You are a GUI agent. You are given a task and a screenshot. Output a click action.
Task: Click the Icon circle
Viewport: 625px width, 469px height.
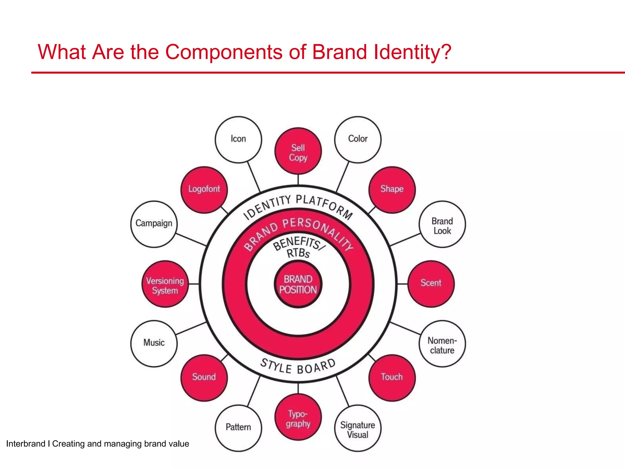pyautogui.click(x=238, y=140)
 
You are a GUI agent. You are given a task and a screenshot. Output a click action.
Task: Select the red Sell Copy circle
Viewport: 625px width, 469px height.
pyautogui.click(x=298, y=151)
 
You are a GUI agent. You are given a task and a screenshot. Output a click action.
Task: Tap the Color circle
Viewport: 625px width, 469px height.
pyautogui.click(x=358, y=140)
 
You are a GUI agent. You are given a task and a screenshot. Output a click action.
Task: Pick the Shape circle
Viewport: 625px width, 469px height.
pyautogui.click(x=392, y=190)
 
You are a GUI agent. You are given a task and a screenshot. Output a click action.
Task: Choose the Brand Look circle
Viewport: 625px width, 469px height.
pyautogui.click(x=442, y=224)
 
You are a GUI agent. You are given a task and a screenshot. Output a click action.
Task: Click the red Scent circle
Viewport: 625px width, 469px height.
pyautogui.click(x=431, y=284)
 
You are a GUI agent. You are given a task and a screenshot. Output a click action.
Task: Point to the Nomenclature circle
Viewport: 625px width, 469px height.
pyautogui.click(x=442, y=344)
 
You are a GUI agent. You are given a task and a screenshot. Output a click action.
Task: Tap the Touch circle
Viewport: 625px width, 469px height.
pyautogui.click(x=392, y=378)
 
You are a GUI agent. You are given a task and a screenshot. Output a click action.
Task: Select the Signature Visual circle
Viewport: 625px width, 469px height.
pyautogui.click(x=358, y=428)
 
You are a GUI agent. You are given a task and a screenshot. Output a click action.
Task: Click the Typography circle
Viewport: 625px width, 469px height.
pyautogui.click(x=298, y=417)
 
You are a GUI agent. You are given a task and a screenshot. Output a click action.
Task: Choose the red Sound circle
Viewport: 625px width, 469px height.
pyautogui.click(x=204, y=378)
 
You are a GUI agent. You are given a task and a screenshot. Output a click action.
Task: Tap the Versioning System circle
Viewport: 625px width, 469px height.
pyautogui.click(x=165, y=284)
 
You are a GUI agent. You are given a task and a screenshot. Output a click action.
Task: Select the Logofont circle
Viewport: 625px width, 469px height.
pyautogui.click(x=204, y=190)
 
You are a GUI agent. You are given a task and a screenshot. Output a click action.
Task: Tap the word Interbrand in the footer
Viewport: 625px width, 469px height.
pyautogui.click(x=26, y=444)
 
